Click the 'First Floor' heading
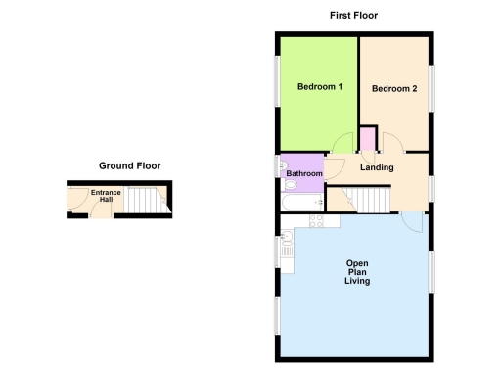pyautogui.click(x=353, y=15)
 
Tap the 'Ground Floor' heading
pyautogui.click(x=129, y=165)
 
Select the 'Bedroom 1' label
pyautogui.click(x=319, y=87)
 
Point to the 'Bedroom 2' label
pyautogui.click(x=394, y=89)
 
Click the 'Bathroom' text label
pyautogui.click(x=303, y=174)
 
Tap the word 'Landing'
pyautogui.click(x=377, y=167)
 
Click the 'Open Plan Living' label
pyautogui.click(x=356, y=272)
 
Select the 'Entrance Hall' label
pyautogui.click(x=106, y=197)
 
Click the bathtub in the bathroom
pyautogui.click(x=302, y=203)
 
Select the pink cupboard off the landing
pyautogui.click(x=368, y=139)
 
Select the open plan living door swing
pyautogui.click(x=414, y=222)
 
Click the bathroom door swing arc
pyautogui.click(x=332, y=166)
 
